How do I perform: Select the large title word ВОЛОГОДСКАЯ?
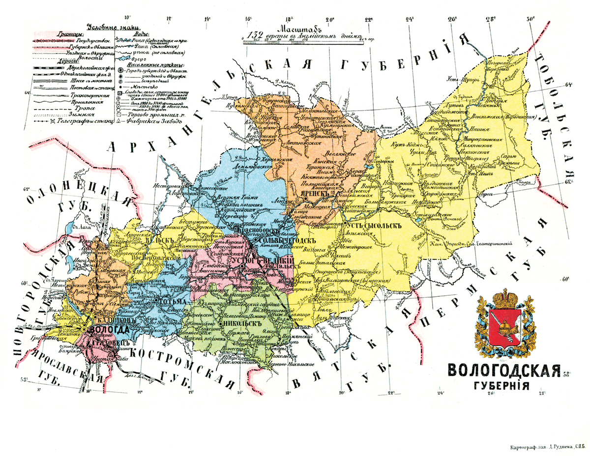click(504, 370)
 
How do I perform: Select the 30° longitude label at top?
click(530, 20)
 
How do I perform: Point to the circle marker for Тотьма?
click(155, 301)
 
